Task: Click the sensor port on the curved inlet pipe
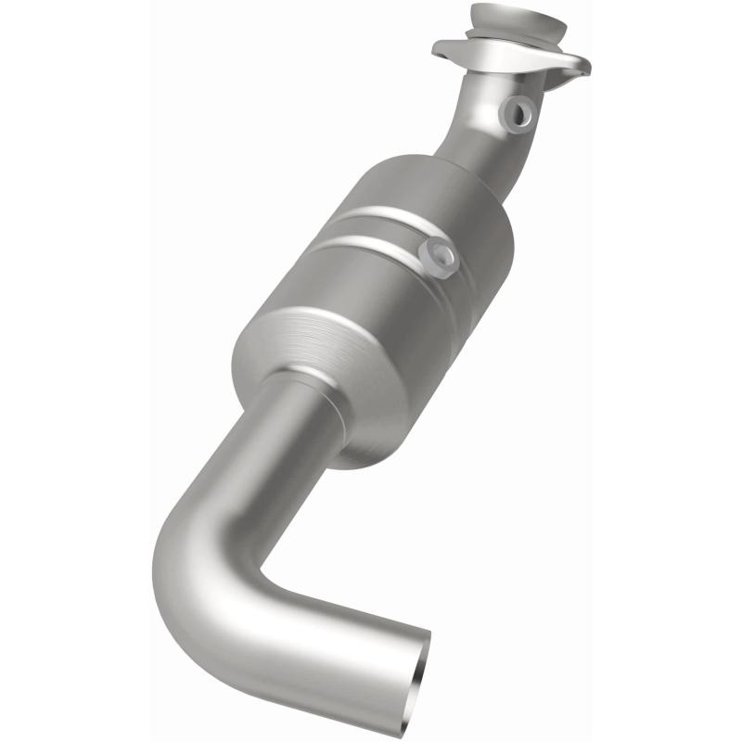point(516,113)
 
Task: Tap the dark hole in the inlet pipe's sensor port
point(519,112)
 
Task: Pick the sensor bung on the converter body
point(437,255)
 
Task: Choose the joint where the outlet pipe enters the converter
point(306,380)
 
